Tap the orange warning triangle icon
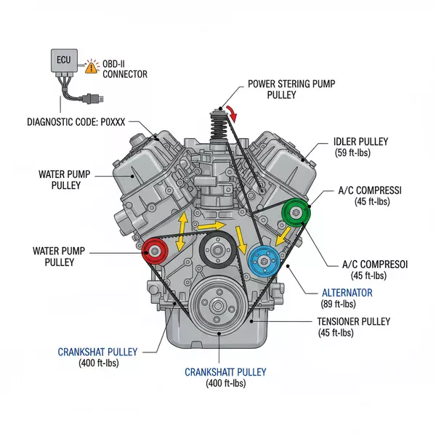click(x=91, y=67)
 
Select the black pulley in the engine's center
click(x=214, y=251)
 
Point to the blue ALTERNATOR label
click(x=347, y=292)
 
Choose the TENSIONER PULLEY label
click(x=354, y=321)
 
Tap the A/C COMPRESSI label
click(x=371, y=190)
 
